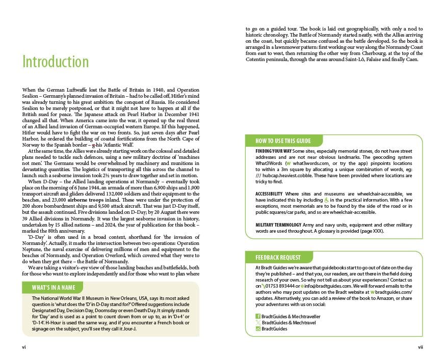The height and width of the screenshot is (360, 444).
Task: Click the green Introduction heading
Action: (56, 62)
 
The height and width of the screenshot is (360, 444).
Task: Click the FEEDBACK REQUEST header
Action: (278, 257)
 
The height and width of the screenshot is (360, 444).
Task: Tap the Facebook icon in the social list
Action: (258, 316)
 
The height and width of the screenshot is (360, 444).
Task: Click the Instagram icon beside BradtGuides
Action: (258, 329)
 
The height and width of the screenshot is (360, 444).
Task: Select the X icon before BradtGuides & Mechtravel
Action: (258, 323)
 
